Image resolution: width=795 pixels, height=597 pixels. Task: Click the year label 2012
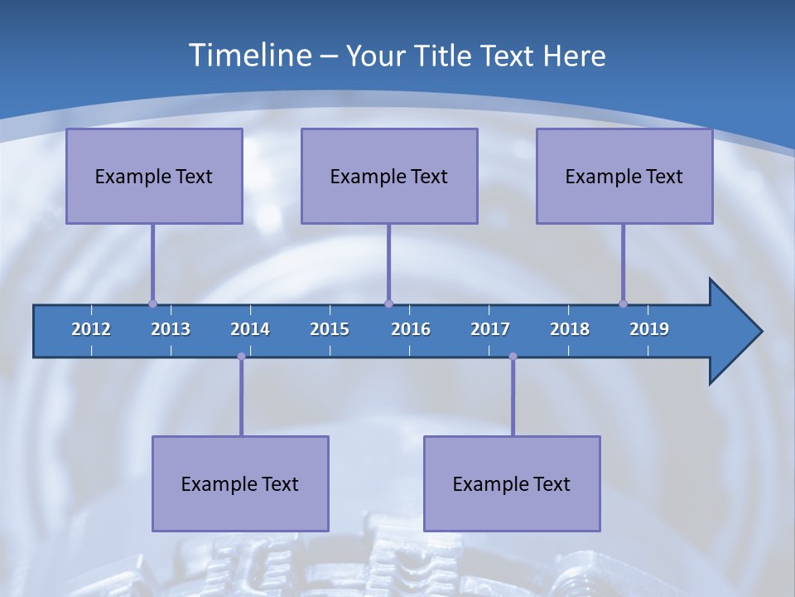point(91,329)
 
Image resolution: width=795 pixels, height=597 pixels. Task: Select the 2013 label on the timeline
point(171,329)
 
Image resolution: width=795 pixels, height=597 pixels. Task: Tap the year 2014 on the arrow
point(250,329)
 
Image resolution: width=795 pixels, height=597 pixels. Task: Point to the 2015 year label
point(330,329)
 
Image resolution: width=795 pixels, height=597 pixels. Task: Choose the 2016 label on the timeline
point(411,329)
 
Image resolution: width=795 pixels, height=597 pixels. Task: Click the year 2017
point(490,329)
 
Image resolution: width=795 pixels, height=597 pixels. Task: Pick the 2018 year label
point(570,329)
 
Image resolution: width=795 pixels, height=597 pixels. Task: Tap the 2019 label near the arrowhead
point(649,329)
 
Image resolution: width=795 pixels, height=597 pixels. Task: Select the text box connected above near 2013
point(154,176)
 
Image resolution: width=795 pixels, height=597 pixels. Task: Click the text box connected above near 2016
point(389,176)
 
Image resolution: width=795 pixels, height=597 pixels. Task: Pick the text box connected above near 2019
point(624,176)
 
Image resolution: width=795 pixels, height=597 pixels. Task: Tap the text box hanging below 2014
point(240,483)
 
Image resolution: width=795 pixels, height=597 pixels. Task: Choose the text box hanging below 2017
point(512,483)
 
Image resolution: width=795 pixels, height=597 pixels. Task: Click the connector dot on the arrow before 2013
point(152,303)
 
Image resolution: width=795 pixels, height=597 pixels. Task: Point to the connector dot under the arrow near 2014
point(241,357)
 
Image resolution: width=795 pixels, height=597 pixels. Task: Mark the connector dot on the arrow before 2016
point(388,303)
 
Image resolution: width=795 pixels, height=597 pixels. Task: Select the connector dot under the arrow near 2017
point(513,357)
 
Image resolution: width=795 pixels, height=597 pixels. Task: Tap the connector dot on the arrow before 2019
point(623,303)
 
